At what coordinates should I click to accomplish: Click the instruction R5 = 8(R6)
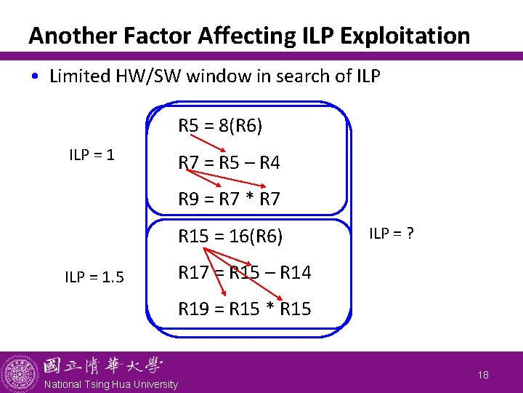click(221, 127)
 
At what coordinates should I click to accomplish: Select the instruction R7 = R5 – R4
click(229, 163)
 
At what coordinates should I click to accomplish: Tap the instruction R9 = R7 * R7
click(230, 199)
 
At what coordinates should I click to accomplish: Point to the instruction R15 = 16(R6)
click(230, 237)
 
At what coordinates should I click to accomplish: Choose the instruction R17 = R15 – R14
click(245, 273)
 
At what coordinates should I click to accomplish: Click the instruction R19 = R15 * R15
click(245, 309)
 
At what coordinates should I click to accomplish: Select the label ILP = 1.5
click(94, 277)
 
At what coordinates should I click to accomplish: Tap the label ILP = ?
click(392, 234)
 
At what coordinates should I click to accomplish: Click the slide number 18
click(484, 374)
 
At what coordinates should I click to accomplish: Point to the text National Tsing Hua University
click(111, 384)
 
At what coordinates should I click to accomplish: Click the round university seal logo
click(20, 372)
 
